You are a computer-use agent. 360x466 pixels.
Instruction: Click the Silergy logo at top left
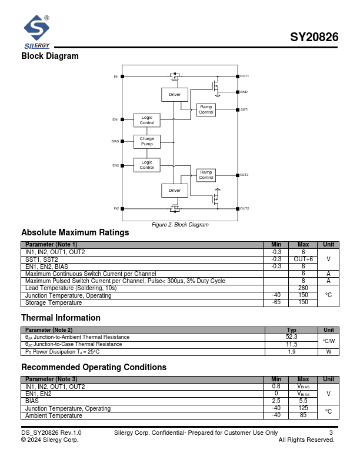coord(36,32)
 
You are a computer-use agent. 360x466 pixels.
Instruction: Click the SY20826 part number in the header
coord(314,38)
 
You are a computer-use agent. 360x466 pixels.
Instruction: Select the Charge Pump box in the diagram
coord(146,142)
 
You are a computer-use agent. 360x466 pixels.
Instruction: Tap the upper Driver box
coord(175,94)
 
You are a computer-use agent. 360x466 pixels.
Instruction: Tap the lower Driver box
coord(175,190)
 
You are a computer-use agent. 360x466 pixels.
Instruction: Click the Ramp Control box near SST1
coord(206,109)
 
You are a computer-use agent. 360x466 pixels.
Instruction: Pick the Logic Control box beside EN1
coord(146,120)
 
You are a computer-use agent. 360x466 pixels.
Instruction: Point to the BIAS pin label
coord(115,141)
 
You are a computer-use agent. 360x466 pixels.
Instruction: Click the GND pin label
coord(244,92)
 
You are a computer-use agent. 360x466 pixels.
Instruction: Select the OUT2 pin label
coord(244,208)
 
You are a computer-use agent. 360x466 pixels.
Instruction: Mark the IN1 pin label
coord(116,76)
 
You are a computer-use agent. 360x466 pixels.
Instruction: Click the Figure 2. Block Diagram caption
coord(180,225)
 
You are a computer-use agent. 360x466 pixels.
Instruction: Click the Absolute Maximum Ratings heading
coord(75,232)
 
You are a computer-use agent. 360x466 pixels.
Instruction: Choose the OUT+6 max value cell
coord(303,259)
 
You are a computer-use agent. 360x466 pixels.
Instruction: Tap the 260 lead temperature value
coord(303,288)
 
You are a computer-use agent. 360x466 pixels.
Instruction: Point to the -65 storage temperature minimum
coord(276,302)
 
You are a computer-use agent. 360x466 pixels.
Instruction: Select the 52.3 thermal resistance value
coord(291,337)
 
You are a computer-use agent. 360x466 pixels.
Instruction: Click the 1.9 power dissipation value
coord(291,351)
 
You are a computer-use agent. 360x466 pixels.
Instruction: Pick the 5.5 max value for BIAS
coord(303,401)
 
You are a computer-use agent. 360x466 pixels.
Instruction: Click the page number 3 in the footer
coord(331,433)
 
